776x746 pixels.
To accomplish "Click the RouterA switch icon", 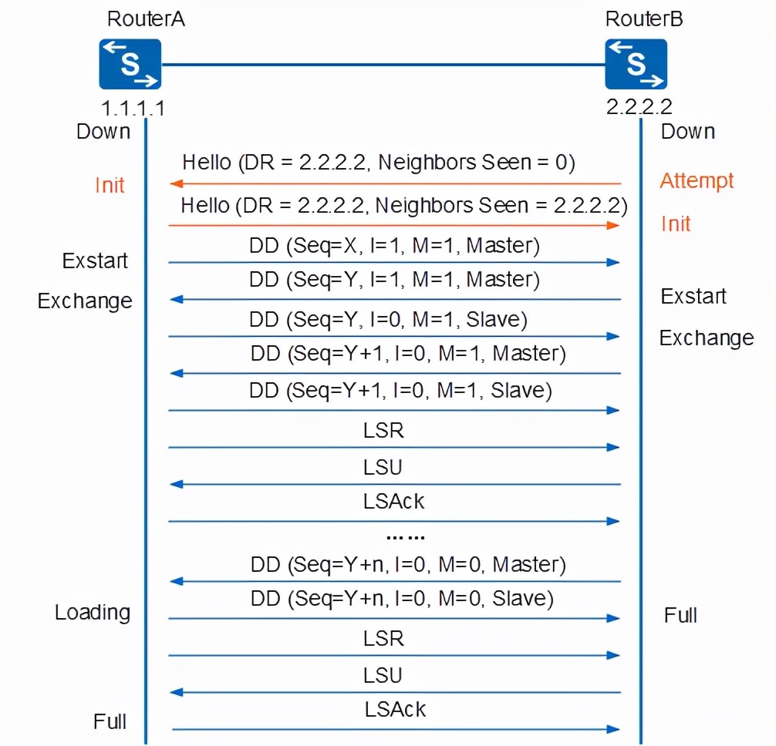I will pos(130,65).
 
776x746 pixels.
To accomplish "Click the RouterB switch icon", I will pos(636,65).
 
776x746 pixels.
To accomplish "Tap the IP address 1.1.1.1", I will pos(133,106).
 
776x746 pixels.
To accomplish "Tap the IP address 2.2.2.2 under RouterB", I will pos(639,106).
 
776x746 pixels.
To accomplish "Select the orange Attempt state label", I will pos(697,181).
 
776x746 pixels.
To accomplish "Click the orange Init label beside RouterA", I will pos(110,186).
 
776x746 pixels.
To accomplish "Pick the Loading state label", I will pos(93,613).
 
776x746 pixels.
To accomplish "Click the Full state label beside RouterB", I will pos(680,615).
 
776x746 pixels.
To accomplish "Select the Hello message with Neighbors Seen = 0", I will pos(379,163).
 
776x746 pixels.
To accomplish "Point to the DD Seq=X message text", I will pos(393,245).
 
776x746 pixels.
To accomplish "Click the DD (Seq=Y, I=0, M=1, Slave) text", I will pos(388,318).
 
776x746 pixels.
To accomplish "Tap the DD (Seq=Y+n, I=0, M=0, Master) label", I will pos(408,565).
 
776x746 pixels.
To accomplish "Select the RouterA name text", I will pos(147,19).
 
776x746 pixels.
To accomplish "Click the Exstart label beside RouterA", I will pos(95,260).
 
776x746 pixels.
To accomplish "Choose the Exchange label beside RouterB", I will pos(706,338).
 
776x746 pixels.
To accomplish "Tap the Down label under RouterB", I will pos(688,132).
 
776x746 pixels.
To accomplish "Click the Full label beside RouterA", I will pos(110,722).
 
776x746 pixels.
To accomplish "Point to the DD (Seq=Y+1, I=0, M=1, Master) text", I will pos(408,354).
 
